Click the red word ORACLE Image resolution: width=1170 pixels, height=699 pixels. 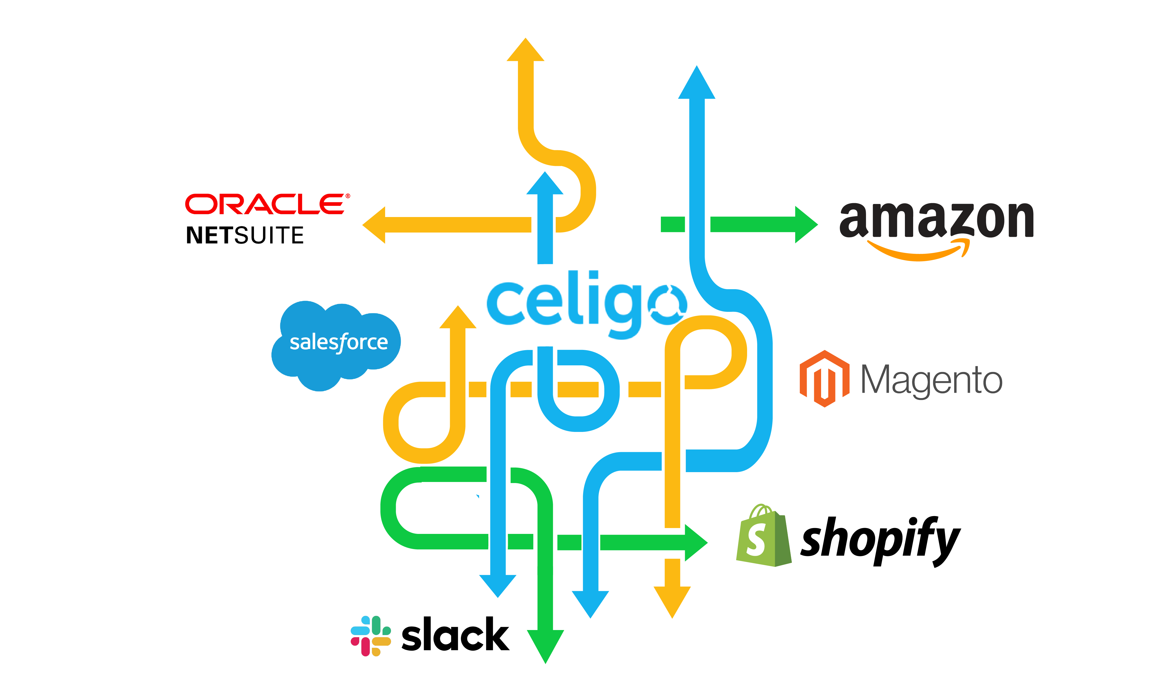[266, 204]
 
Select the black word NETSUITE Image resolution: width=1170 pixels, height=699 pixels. [245, 235]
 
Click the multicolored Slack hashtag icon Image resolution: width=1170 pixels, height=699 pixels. [371, 635]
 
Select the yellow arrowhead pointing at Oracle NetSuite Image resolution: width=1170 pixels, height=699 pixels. [375, 225]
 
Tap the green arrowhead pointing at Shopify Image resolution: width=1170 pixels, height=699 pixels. [696, 543]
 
